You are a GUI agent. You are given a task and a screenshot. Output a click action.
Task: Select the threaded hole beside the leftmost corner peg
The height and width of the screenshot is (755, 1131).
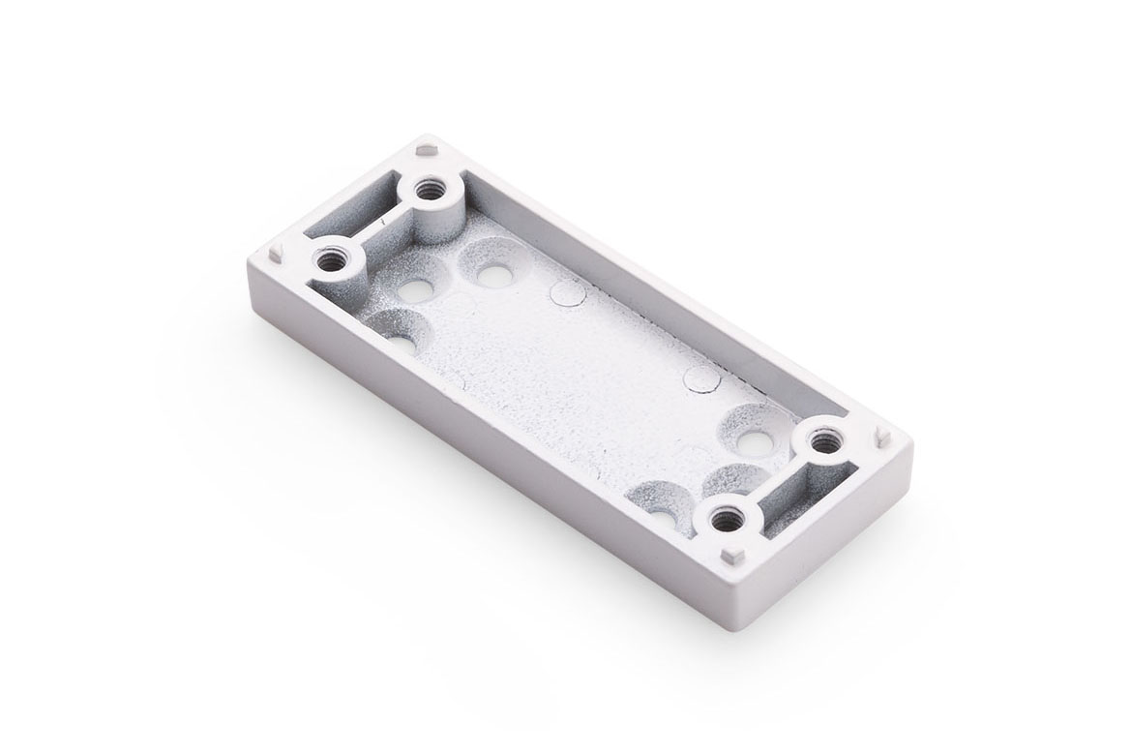coord(329,258)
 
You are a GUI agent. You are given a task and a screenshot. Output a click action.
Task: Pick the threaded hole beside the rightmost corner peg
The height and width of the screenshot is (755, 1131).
coord(823,444)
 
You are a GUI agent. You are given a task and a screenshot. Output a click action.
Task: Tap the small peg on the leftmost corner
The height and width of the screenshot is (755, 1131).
coord(277,249)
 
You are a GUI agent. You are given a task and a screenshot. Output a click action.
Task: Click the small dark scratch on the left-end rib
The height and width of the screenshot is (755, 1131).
coord(384,224)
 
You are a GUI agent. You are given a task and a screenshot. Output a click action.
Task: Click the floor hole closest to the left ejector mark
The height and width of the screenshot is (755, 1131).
coord(493,276)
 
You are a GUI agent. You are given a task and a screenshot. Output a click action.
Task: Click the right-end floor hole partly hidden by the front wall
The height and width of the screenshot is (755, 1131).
coord(663,513)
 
